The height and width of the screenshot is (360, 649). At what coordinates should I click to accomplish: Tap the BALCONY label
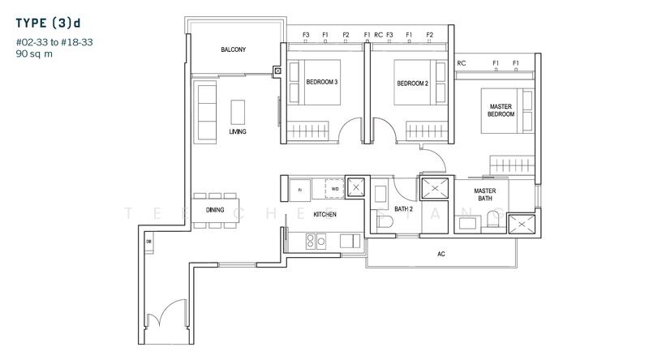[233, 50]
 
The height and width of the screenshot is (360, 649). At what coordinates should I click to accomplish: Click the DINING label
[215, 209]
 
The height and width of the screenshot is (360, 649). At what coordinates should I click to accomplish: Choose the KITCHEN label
[324, 215]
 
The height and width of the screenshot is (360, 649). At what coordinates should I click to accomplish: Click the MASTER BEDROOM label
[501, 110]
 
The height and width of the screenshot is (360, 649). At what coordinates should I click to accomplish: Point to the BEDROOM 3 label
[322, 83]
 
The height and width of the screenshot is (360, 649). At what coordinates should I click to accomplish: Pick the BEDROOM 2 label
[412, 83]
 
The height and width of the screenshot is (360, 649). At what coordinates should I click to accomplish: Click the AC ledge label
[441, 254]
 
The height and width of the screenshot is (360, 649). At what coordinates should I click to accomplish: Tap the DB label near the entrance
[148, 241]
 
